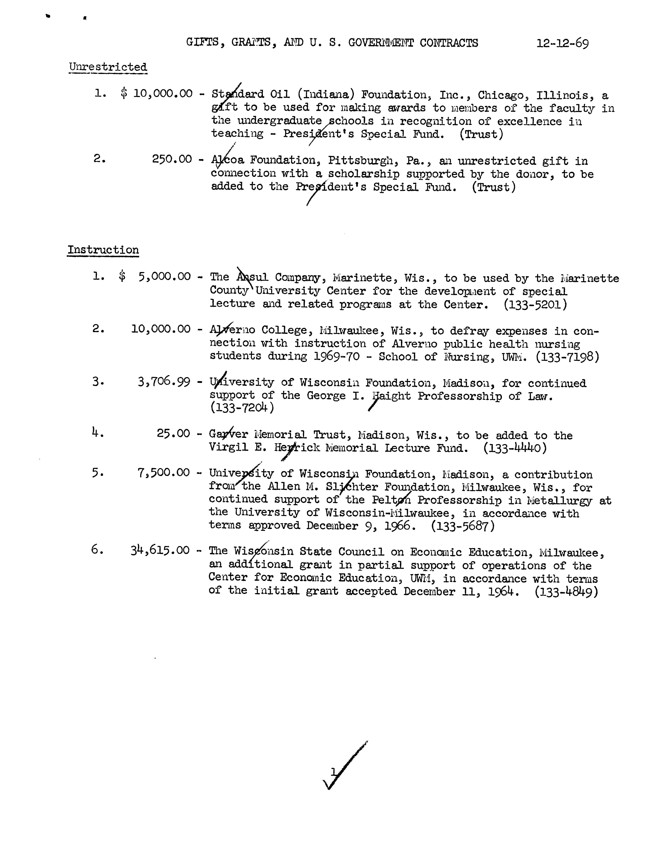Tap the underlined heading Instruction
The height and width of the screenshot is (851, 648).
[x=103, y=250]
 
